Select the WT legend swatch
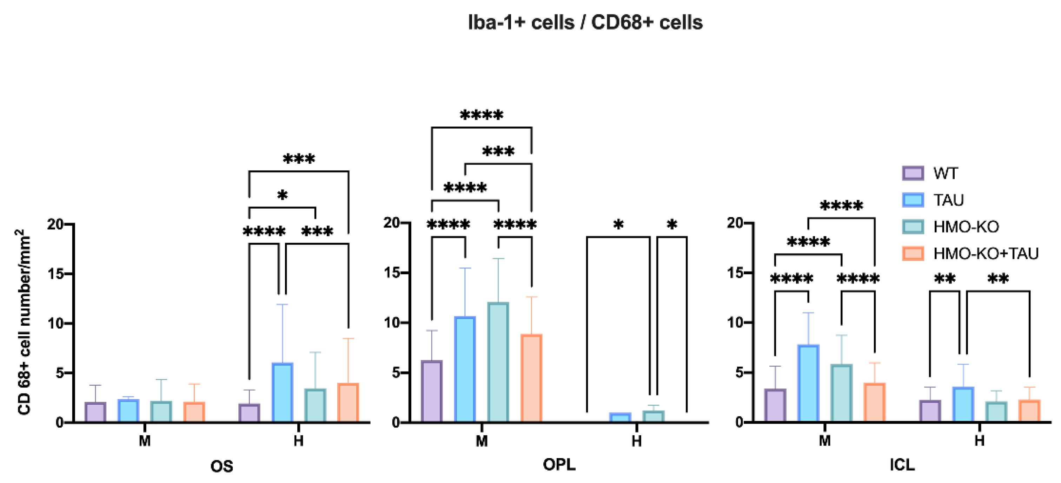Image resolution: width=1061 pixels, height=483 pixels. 913,173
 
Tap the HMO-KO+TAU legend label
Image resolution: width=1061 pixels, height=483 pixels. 986,254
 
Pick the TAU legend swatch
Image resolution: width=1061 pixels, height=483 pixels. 913,200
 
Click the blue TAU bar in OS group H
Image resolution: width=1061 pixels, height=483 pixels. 282,392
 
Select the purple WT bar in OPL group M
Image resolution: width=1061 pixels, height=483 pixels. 432,392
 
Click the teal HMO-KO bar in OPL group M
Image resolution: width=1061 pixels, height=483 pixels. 498,363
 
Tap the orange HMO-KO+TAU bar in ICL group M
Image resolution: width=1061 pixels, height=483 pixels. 874,403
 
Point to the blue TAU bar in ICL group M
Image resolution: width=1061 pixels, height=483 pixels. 808,383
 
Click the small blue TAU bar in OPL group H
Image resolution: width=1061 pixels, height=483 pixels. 620,417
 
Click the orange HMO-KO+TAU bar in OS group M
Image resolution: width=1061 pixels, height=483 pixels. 194,412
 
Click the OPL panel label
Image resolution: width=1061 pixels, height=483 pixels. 559,465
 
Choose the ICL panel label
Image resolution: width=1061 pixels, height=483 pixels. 902,465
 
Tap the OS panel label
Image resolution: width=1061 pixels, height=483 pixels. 221,466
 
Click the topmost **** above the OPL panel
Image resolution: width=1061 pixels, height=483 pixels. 481,115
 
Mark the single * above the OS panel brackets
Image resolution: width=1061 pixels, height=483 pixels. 282,195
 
